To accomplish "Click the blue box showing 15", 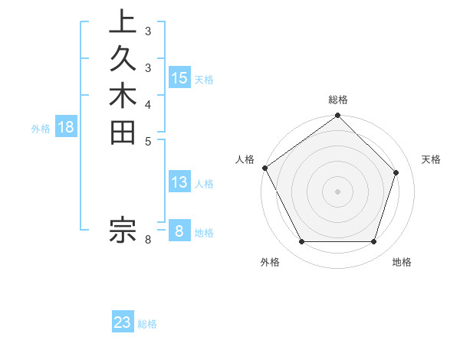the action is tap(179, 77).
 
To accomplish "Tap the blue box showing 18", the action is tap(66, 127).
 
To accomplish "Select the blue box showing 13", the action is tap(179, 182).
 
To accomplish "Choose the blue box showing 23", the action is tap(123, 322).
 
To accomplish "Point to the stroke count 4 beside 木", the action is tap(148, 104).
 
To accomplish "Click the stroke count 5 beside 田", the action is tap(148, 141).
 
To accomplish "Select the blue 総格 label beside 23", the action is tap(147, 324).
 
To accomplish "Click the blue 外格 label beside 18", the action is tap(41, 129).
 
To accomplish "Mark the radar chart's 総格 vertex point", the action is tap(337, 116).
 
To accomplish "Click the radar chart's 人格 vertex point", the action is tap(265, 168).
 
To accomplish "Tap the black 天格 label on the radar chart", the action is tap(432, 159).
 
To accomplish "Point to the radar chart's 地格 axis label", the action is tap(402, 262).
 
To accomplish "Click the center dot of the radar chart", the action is tap(337, 191).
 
